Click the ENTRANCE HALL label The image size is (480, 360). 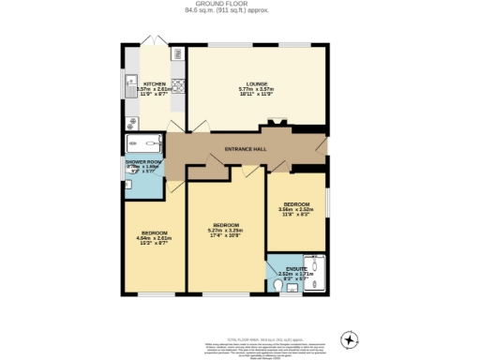(246, 149)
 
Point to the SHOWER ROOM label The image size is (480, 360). (144, 162)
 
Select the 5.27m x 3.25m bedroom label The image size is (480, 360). (225, 226)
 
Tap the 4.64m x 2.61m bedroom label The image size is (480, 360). (155, 232)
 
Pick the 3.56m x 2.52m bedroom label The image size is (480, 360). (297, 204)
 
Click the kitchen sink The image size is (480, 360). (127, 86)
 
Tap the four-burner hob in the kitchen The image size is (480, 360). (178, 86)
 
